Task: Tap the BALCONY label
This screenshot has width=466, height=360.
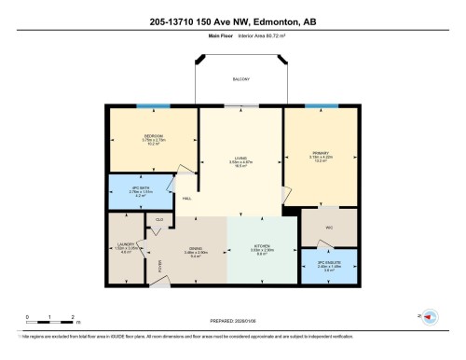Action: click(240, 80)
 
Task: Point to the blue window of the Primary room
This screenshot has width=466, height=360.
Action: click(322, 108)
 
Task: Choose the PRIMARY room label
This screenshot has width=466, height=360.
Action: click(320, 157)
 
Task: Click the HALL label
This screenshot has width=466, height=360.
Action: click(186, 200)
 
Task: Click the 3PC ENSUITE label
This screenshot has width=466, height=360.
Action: click(329, 264)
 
